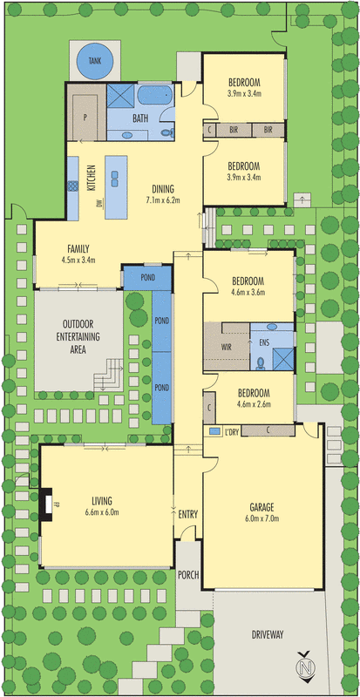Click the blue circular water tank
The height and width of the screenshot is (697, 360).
click(x=95, y=60)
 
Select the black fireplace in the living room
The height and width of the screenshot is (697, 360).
click(x=46, y=504)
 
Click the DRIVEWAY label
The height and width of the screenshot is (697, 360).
click(x=267, y=634)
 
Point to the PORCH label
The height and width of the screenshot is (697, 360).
click(x=187, y=575)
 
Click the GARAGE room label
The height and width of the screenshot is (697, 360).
click(x=262, y=507)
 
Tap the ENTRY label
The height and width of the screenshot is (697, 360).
click(x=187, y=515)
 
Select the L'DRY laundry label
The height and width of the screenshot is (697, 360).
click(x=232, y=430)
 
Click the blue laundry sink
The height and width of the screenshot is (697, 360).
click(x=215, y=430)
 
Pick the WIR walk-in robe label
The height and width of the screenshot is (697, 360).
click(x=227, y=347)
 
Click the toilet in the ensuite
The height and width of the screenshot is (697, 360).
click(x=261, y=363)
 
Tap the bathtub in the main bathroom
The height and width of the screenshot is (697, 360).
click(x=155, y=95)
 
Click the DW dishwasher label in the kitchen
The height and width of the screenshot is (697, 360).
click(x=98, y=203)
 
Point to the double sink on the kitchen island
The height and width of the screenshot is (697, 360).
click(x=115, y=179)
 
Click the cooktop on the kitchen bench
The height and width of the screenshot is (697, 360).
click(x=72, y=186)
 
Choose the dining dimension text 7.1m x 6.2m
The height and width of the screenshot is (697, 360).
click(x=162, y=200)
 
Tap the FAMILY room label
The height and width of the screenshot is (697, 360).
click(x=78, y=248)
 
